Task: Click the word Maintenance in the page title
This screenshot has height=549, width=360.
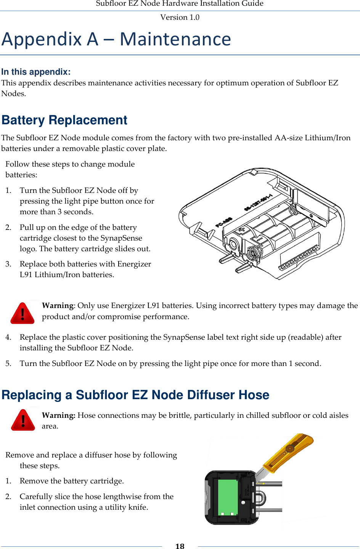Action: click(175, 39)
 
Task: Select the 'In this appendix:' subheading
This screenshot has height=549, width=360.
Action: click(36, 72)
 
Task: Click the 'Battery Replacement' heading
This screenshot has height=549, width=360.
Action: click(64, 120)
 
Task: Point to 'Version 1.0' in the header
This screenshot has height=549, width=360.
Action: click(180, 17)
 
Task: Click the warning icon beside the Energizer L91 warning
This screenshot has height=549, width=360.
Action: click(22, 313)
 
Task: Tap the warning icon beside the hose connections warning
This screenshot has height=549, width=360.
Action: click(23, 420)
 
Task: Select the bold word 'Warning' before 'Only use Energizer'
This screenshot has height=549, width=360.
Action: click(58, 305)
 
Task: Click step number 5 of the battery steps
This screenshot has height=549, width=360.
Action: click(8, 363)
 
